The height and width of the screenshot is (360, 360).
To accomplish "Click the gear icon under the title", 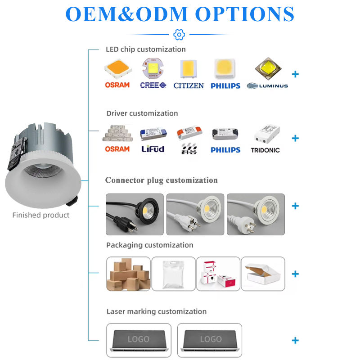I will (179, 35).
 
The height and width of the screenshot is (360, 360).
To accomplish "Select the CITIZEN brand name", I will (189, 85).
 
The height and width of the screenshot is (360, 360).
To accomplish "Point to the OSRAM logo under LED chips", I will (117, 85).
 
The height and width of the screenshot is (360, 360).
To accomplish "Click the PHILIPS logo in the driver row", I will (225, 149).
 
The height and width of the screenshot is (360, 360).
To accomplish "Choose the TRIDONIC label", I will (265, 150).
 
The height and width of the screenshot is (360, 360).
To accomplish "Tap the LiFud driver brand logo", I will (153, 149).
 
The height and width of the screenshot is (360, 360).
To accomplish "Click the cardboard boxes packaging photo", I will (128, 274).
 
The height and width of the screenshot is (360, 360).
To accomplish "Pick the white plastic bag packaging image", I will (173, 274).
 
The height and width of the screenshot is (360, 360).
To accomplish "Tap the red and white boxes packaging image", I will (218, 274).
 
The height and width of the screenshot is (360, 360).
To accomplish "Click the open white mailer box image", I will (263, 274).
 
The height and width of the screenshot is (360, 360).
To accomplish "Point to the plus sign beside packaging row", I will (295, 274).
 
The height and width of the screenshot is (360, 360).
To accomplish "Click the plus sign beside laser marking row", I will (295, 340).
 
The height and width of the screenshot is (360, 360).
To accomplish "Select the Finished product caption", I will (41, 215).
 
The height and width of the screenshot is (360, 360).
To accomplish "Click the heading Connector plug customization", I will (162, 180).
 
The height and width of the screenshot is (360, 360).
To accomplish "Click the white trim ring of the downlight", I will (22, 189).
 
